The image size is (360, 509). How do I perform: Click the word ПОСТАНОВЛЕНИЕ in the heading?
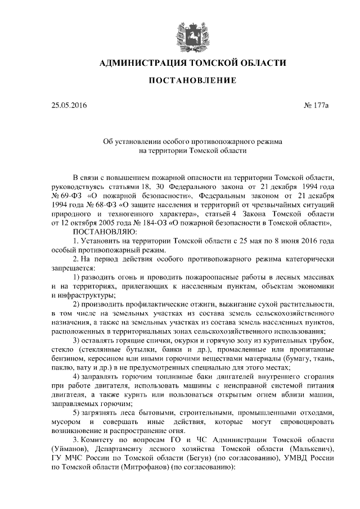click(192, 82)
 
